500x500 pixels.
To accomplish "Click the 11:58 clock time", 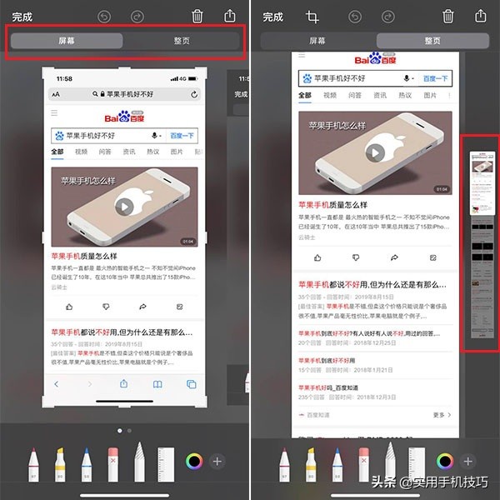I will [x=64, y=78].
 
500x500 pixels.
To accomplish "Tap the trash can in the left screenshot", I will [x=197, y=17].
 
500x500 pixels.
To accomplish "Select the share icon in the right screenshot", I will [x=481, y=17].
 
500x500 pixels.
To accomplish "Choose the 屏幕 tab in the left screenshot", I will [x=67, y=41].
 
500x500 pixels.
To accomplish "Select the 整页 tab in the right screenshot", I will [x=432, y=41].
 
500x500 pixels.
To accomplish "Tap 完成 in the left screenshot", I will [x=22, y=17].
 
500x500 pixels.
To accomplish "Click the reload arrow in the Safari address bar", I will [x=195, y=95].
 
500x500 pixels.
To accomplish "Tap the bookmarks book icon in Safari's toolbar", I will [x=157, y=384].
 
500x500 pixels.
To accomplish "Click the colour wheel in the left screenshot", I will [x=194, y=461].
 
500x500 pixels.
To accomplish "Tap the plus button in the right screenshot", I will [x=467, y=461].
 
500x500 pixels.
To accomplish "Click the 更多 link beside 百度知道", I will [x=441, y=414].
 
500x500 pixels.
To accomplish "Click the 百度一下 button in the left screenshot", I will [x=182, y=135].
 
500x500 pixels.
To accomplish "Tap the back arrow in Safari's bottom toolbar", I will [x=57, y=384].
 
